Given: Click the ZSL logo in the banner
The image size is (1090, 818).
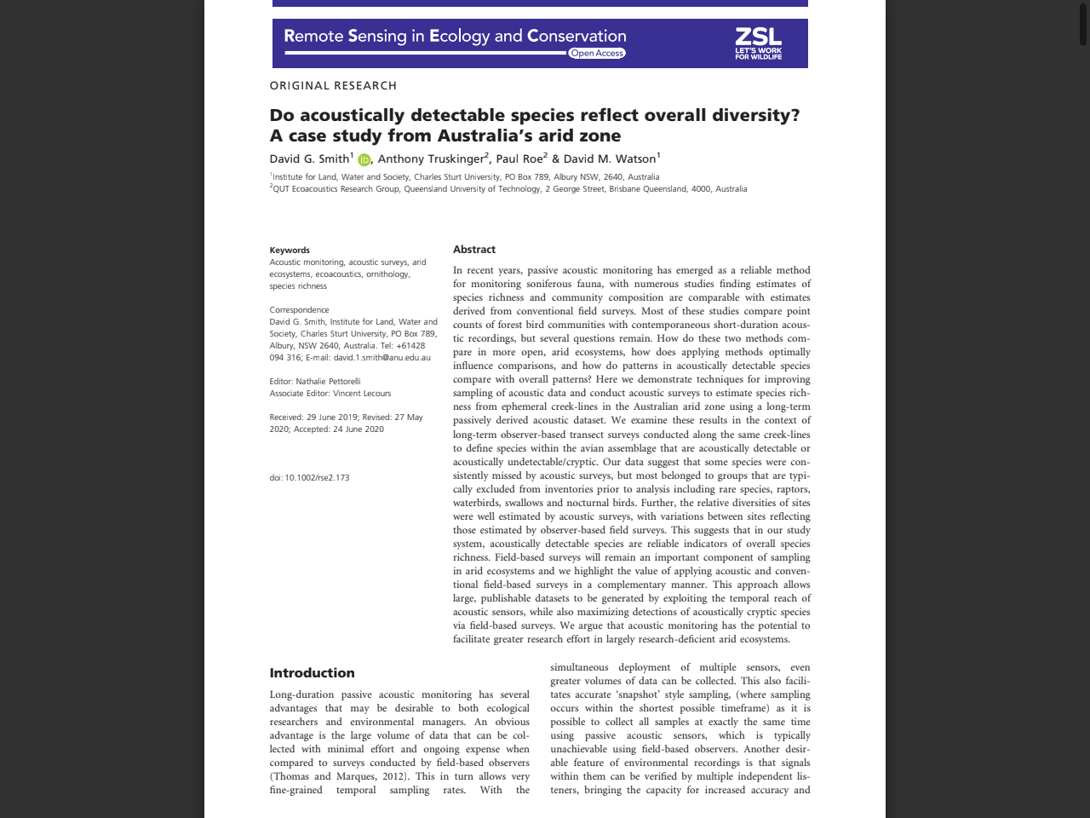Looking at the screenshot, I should [x=758, y=43].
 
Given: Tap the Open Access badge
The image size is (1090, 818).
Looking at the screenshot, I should [x=597, y=53].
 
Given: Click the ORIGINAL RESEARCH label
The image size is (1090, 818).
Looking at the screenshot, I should [x=333, y=85].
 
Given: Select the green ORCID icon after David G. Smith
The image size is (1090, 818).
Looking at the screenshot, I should [x=364, y=160].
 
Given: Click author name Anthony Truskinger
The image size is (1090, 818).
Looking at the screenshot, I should [x=432, y=158].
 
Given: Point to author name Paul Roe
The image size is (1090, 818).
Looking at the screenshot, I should [x=519, y=158].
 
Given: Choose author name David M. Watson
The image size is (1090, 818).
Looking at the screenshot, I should [x=609, y=158].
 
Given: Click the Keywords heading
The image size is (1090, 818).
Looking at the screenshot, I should [x=290, y=251].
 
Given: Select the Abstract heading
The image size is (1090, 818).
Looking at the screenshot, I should [x=474, y=250].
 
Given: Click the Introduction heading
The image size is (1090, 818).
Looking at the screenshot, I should [x=312, y=673].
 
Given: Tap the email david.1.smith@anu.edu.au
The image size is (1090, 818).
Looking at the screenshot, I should [x=381, y=358].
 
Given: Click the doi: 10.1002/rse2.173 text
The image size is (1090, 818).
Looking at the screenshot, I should [x=309, y=478].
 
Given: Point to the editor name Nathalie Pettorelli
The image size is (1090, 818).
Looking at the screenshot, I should [x=328, y=382].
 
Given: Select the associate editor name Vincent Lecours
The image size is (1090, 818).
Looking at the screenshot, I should [x=362, y=394].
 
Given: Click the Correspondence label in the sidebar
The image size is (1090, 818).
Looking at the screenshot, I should [x=299, y=310].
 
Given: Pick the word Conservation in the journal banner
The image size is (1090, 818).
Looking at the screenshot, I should [x=577, y=36].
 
